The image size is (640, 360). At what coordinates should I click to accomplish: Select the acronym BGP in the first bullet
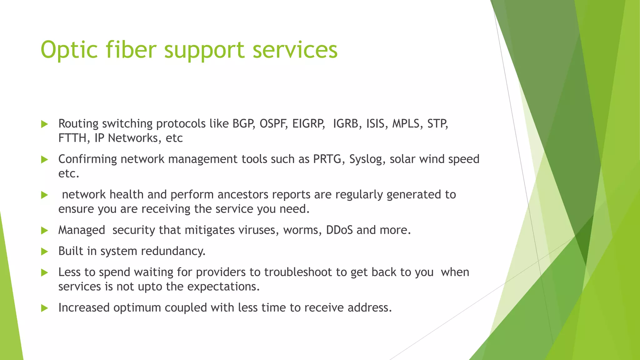coord(243,124)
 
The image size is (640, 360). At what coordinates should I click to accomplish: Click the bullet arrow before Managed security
coord(45,231)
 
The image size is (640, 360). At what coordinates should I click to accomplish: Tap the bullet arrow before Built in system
coord(45,252)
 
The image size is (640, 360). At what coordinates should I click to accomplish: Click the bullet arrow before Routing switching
coord(45,124)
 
